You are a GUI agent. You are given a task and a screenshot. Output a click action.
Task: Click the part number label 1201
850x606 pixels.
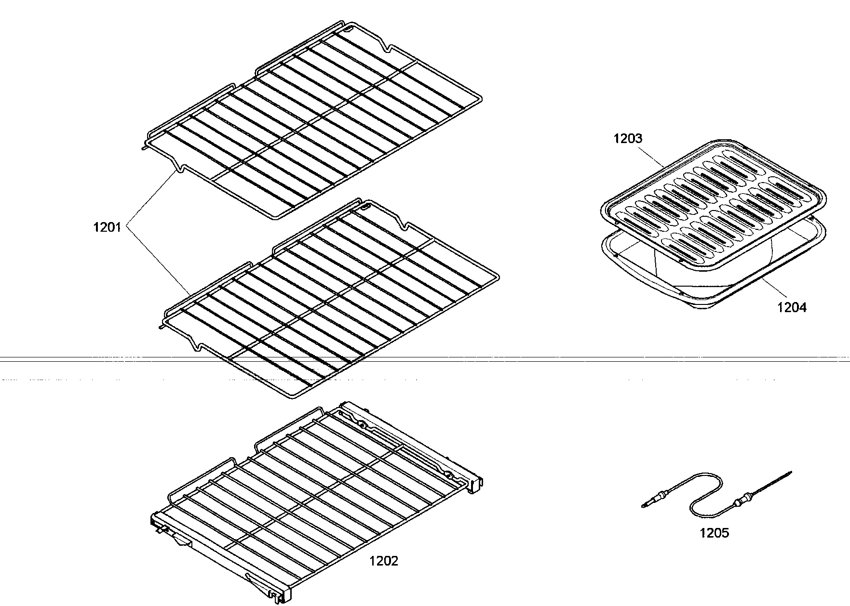(x=107, y=227)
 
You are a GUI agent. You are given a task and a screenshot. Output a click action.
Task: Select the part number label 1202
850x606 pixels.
(x=384, y=561)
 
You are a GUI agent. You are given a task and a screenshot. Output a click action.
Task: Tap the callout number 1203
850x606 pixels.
(x=628, y=139)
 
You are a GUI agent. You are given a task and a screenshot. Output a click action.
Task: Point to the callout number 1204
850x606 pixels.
(x=791, y=307)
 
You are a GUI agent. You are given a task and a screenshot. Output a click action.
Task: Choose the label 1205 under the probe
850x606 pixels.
(x=714, y=533)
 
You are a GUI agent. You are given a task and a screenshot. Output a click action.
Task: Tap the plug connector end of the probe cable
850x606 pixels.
(x=648, y=503)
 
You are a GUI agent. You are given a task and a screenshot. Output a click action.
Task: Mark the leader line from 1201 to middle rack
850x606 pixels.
(x=159, y=260)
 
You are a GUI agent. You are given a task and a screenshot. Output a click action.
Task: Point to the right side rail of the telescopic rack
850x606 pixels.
(x=410, y=443)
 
